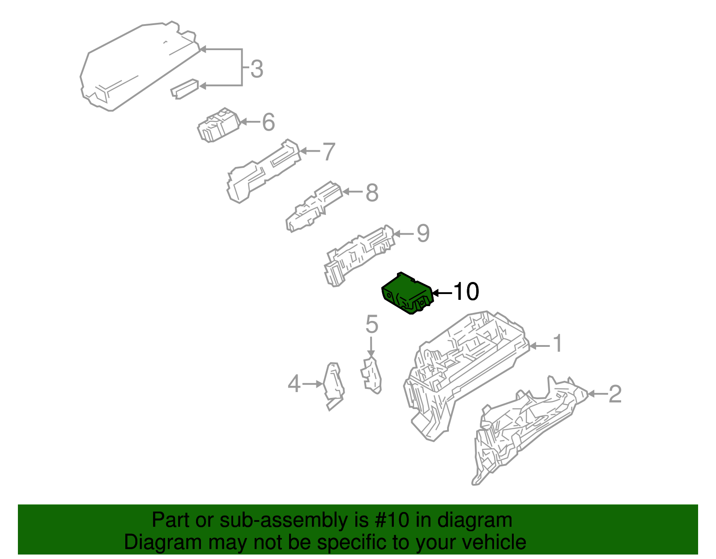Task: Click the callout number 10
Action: pyautogui.click(x=466, y=292)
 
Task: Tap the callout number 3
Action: pyautogui.click(x=256, y=69)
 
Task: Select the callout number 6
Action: pyautogui.click(x=268, y=122)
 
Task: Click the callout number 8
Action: pyautogui.click(x=372, y=193)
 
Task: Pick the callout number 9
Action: pyautogui.click(x=423, y=233)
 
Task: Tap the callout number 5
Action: pyautogui.click(x=371, y=324)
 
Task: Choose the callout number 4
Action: pyautogui.click(x=294, y=384)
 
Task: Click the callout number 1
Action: pyautogui.click(x=557, y=344)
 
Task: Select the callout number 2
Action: pyautogui.click(x=615, y=394)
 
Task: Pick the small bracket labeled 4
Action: pyautogui.click(x=333, y=385)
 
